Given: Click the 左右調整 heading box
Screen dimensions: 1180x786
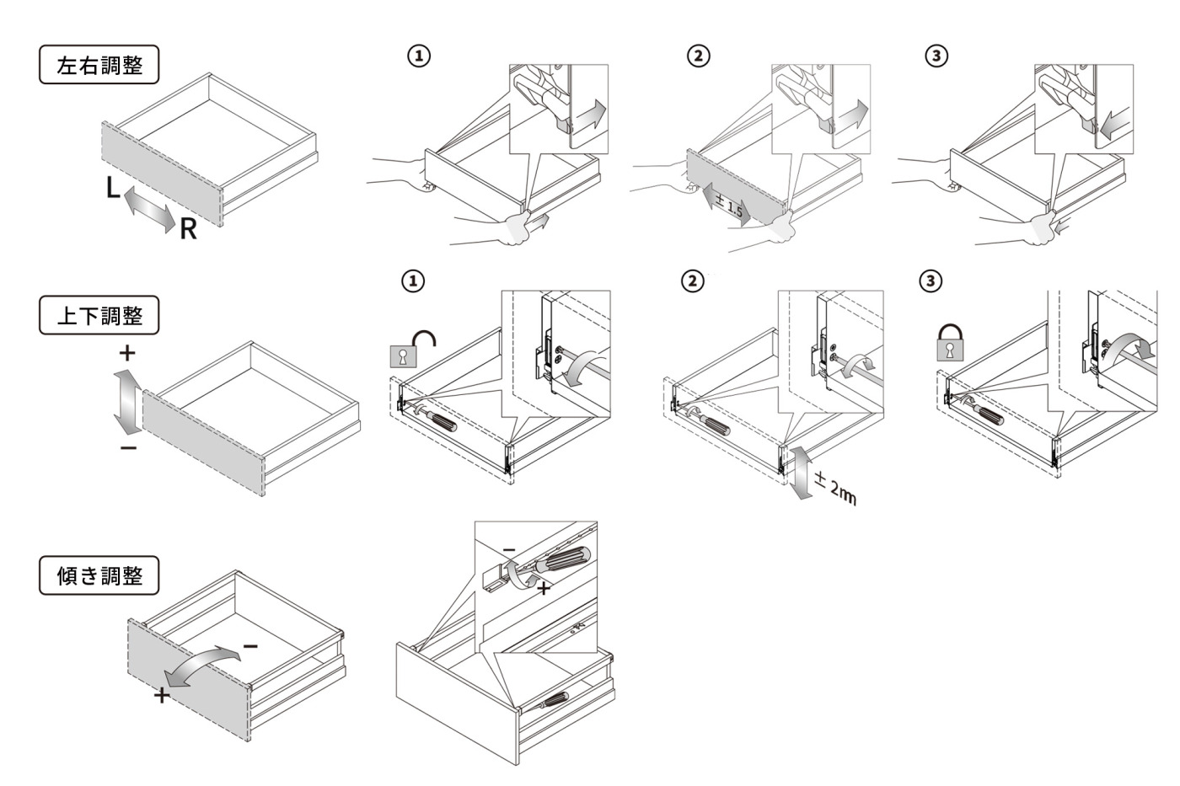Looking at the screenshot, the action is click(x=99, y=64).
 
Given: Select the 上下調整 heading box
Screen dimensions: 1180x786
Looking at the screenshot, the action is click(x=99, y=315).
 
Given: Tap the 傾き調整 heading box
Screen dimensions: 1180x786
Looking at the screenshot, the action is click(x=99, y=575).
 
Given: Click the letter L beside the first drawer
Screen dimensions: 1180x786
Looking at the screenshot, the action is click(x=113, y=187).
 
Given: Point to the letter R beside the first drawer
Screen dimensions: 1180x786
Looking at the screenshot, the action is click(x=188, y=229).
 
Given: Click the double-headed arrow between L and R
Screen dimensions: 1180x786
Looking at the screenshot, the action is click(x=150, y=208).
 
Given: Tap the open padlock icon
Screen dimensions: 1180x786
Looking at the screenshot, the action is click(x=412, y=348).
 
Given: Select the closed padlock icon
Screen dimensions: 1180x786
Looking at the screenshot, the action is click(x=950, y=342).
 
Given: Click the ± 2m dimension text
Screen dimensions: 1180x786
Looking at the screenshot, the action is click(x=835, y=489).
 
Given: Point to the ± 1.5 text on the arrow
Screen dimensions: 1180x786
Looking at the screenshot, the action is click(x=730, y=206).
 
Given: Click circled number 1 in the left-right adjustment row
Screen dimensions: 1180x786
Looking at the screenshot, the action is click(x=420, y=56).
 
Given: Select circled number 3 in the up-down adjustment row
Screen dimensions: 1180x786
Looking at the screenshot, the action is click(x=931, y=281).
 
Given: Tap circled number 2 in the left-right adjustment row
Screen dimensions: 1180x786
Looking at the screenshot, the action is click(x=699, y=56).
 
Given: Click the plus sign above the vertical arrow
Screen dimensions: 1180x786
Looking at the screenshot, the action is click(x=127, y=353).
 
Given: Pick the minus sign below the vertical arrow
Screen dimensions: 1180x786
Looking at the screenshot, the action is click(x=128, y=448).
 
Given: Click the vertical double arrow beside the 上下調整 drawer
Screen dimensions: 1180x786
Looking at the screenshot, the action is click(x=127, y=402).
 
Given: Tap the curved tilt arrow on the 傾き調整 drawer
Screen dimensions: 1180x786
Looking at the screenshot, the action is click(x=203, y=665).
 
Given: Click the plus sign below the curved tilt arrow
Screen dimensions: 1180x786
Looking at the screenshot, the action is click(x=162, y=695).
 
